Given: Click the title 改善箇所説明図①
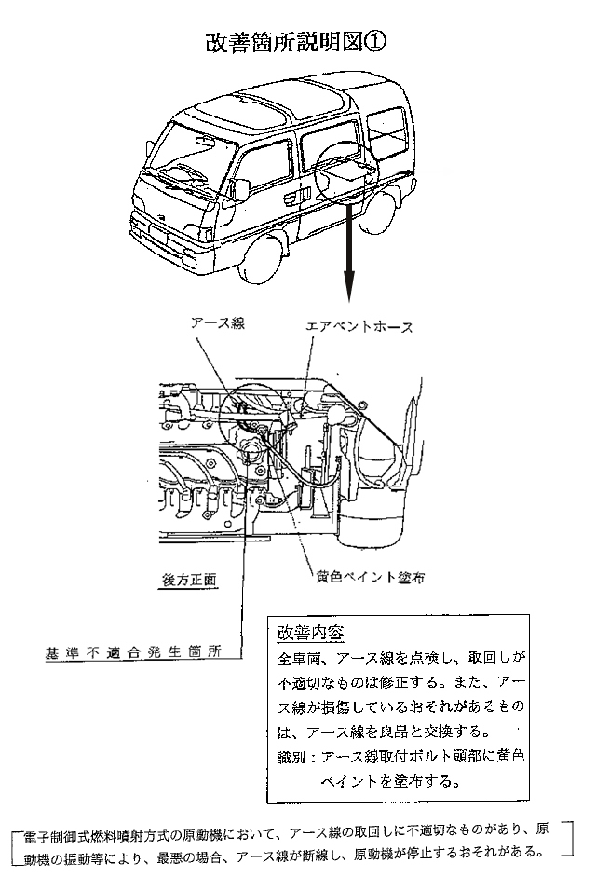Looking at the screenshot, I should pyautogui.click(x=295, y=44).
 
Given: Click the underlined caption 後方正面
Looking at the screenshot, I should pyautogui.click(x=183, y=579).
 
